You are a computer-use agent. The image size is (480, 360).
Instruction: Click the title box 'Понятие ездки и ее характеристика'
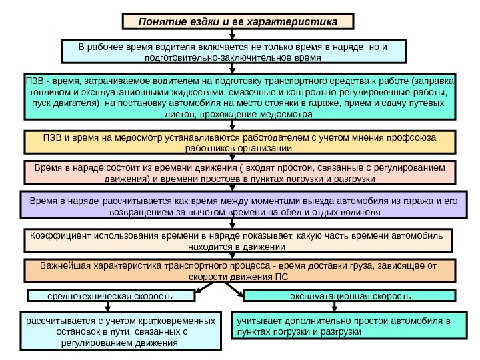tap(238, 21)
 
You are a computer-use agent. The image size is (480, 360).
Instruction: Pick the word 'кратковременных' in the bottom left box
tap(179, 320)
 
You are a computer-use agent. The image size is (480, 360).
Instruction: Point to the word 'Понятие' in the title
tap(159, 21)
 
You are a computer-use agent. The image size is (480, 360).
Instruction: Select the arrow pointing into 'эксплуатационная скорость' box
tap(239, 292)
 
